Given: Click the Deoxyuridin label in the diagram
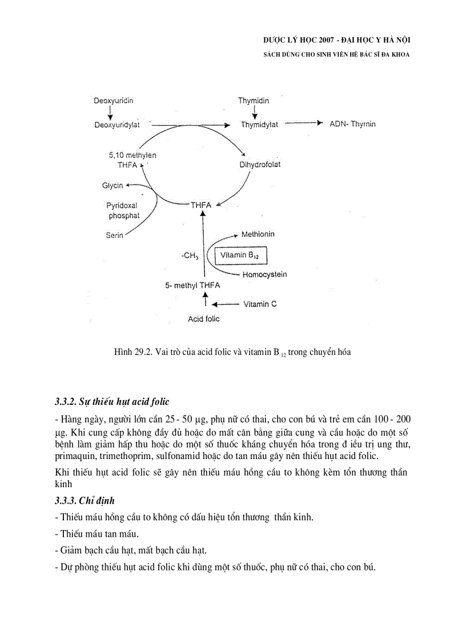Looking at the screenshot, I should click(114, 101).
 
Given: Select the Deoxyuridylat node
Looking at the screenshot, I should click(117, 125).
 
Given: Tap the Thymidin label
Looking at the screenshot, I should click(254, 101).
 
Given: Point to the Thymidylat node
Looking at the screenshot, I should click(259, 125).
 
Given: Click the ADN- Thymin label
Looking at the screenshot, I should click(352, 124).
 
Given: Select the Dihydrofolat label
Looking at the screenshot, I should click(260, 165).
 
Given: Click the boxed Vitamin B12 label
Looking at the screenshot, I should click(240, 256).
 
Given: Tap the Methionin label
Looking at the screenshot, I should click(258, 234).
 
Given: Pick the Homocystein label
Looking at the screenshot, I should click(264, 274).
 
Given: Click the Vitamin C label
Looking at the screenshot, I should click(260, 304).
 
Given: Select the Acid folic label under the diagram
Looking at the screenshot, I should click(204, 319).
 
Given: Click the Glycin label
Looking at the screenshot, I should click(113, 185).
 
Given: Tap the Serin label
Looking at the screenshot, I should click(114, 234).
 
